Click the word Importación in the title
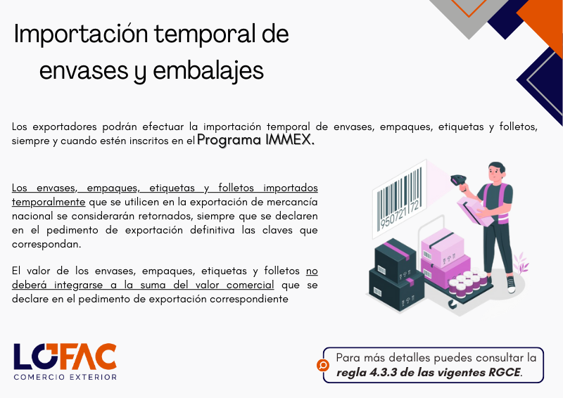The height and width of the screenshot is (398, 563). click(x=81, y=34)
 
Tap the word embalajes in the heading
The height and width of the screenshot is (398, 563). click(x=208, y=71)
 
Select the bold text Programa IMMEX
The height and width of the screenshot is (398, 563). click(x=255, y=140)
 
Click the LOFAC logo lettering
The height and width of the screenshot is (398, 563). click(x=65, y=357)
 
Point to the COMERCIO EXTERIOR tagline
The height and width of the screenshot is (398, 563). click(x=65, y=377)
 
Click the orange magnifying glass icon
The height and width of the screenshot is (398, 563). click(x=323, y=366)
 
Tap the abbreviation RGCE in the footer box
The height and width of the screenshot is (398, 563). click(x=505, y=372)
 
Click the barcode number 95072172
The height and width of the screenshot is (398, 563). click(x=399, y=215)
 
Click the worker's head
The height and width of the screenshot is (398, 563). click(x=496, y=172)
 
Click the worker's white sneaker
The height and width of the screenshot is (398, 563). click(x=511, y=285)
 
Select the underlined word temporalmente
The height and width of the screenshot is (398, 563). click(x=49, y=202)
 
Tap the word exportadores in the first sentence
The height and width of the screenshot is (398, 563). click(x=65, y=127)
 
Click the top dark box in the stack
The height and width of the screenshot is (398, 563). click(x=395, y=260)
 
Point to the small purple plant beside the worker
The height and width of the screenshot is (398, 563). click(x=521, y=264)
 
